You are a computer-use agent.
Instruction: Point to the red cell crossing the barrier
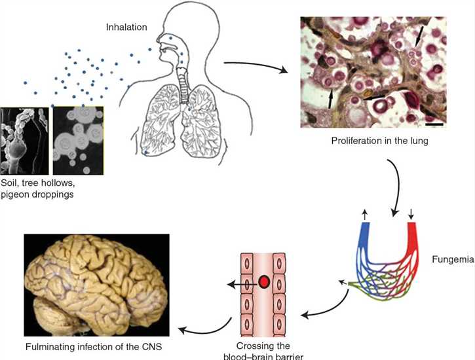[x=264, y=282]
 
